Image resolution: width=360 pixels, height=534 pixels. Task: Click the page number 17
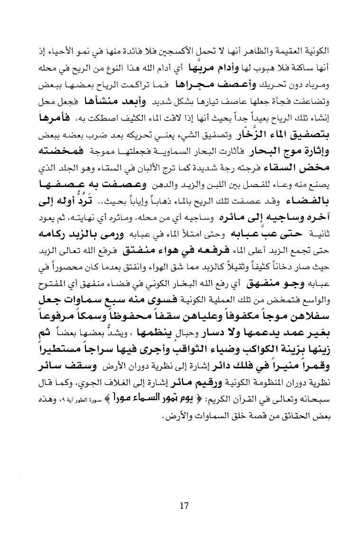(185, 506)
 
